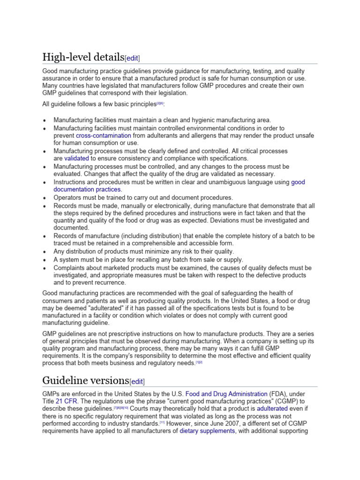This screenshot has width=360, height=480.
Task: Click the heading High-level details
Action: [82, 57]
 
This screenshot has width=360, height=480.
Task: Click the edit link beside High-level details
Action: [132, 58]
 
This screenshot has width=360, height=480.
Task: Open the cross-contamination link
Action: [103, 135]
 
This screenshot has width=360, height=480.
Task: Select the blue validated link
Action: [76, 158]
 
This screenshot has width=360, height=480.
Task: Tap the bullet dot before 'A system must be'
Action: [44, 260]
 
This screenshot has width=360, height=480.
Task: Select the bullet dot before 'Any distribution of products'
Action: [44, 252]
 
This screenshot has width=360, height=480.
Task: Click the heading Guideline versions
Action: [85, 380]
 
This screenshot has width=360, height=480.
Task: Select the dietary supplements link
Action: [207, 431]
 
